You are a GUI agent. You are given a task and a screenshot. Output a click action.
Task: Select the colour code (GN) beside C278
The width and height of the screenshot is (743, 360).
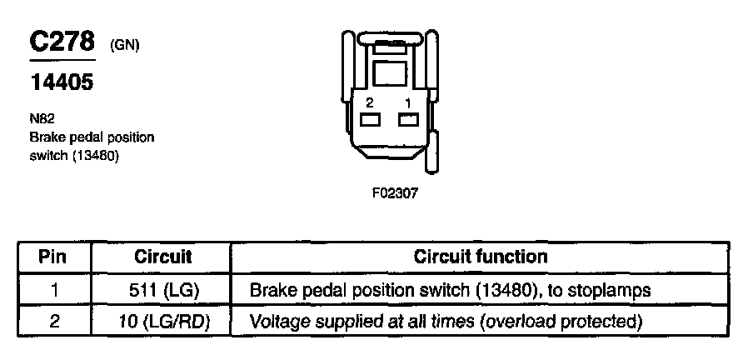124,46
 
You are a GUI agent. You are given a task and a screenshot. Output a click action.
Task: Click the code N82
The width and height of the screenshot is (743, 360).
39,119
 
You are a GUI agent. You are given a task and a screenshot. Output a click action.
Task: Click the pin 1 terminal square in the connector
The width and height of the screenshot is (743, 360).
408,120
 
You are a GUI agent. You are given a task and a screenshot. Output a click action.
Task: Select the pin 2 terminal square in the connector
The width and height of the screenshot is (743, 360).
371,120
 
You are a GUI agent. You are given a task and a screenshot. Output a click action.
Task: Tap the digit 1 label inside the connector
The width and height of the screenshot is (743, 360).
408,102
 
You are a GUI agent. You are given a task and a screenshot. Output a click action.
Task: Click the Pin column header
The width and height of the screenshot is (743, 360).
52,257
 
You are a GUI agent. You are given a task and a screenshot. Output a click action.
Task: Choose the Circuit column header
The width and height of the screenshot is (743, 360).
163,257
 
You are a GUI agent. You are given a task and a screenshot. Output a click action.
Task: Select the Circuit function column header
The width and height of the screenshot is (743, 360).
481,257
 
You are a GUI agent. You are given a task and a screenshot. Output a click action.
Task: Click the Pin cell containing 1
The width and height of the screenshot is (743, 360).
52,289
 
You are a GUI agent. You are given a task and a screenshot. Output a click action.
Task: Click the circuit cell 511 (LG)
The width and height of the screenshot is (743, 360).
163,289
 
